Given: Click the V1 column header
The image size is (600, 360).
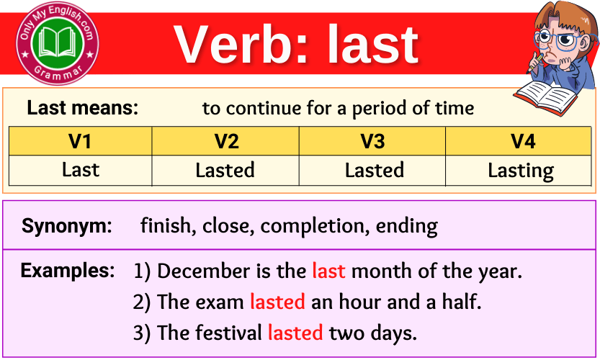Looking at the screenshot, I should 80,141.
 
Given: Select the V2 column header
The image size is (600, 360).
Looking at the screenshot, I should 226,141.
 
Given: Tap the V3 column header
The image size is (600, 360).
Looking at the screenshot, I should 372,141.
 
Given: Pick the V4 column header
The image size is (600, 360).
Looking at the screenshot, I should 522,141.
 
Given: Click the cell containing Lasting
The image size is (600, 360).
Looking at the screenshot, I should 521,171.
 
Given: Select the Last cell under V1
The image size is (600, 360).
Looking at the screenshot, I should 80,171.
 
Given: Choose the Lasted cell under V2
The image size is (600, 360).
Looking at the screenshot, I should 225,171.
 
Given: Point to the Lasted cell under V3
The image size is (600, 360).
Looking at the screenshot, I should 374,171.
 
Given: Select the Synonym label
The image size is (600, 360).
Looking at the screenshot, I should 67,226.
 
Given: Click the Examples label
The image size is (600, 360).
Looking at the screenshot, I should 68,271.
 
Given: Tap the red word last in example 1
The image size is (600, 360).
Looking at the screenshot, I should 328,271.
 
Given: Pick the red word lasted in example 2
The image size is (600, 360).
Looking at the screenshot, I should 277,302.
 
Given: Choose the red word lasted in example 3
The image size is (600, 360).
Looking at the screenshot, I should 295,333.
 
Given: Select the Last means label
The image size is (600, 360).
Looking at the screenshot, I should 82,109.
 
